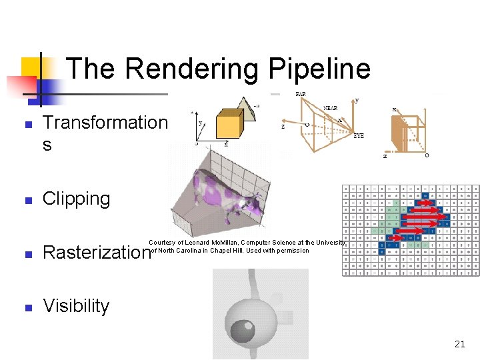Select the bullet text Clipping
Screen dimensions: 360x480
pyautogui.click(x=77, y=199)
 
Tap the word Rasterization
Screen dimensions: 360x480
pyautogui.click(x=95, y=252)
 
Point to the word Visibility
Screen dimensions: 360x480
pyautogui.click(x=76, y=305)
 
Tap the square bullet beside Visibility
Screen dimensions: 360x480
pyautogui.click(x=27, y=307)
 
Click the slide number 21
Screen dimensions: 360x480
pyautogui.click(x=459, y=344)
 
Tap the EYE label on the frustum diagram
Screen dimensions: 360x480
pyautogui.click(x=359, y=135)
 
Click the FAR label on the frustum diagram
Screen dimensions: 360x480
pyautogui.click(x=301, y=94)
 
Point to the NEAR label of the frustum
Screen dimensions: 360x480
pyautogui.click(x=330, y=107)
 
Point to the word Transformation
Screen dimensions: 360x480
pyautogui.click(x=105, y=122)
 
